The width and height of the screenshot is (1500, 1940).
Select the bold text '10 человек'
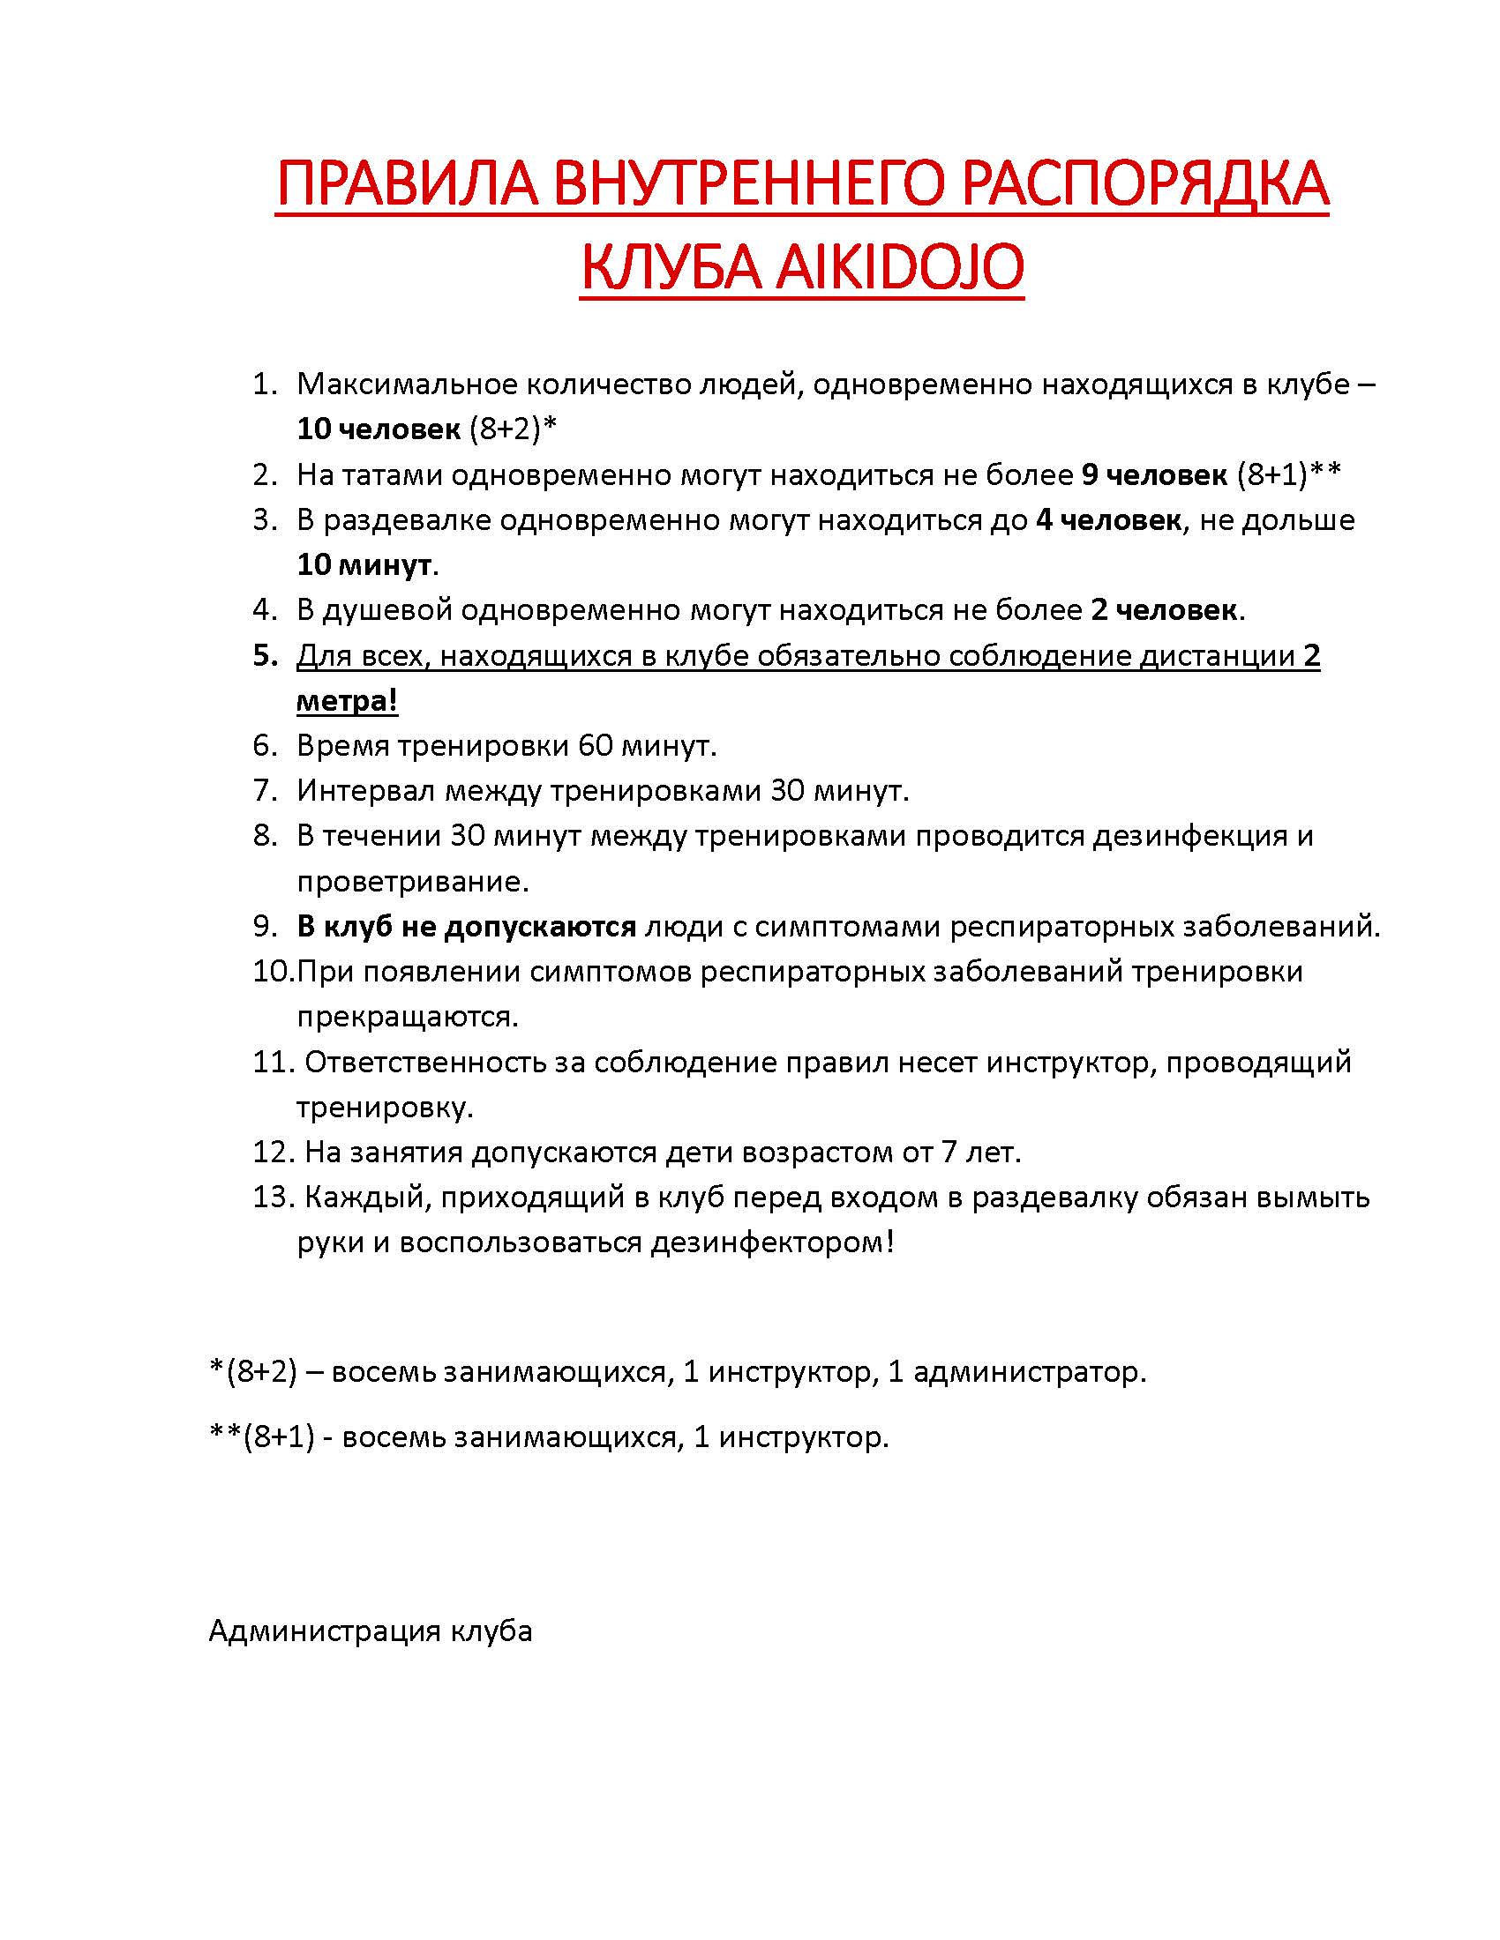[379, 429]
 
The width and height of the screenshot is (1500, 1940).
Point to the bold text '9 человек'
[1153, 475]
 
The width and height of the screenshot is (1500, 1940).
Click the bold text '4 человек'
[1108, 519]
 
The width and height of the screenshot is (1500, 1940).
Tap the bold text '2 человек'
[1163, 610]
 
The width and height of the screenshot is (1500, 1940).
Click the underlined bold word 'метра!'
[347, 701]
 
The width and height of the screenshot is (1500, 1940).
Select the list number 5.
[265, 655]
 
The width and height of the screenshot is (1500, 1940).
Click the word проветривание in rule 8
[412, 881]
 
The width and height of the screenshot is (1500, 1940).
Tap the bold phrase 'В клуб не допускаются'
[467, 927]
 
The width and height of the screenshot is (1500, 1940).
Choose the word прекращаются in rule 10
[407, 1016]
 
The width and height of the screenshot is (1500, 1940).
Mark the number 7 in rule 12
[950, 1153]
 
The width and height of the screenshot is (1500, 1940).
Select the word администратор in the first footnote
[1030, 1372]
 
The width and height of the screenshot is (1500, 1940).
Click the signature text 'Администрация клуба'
[371, 1630]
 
